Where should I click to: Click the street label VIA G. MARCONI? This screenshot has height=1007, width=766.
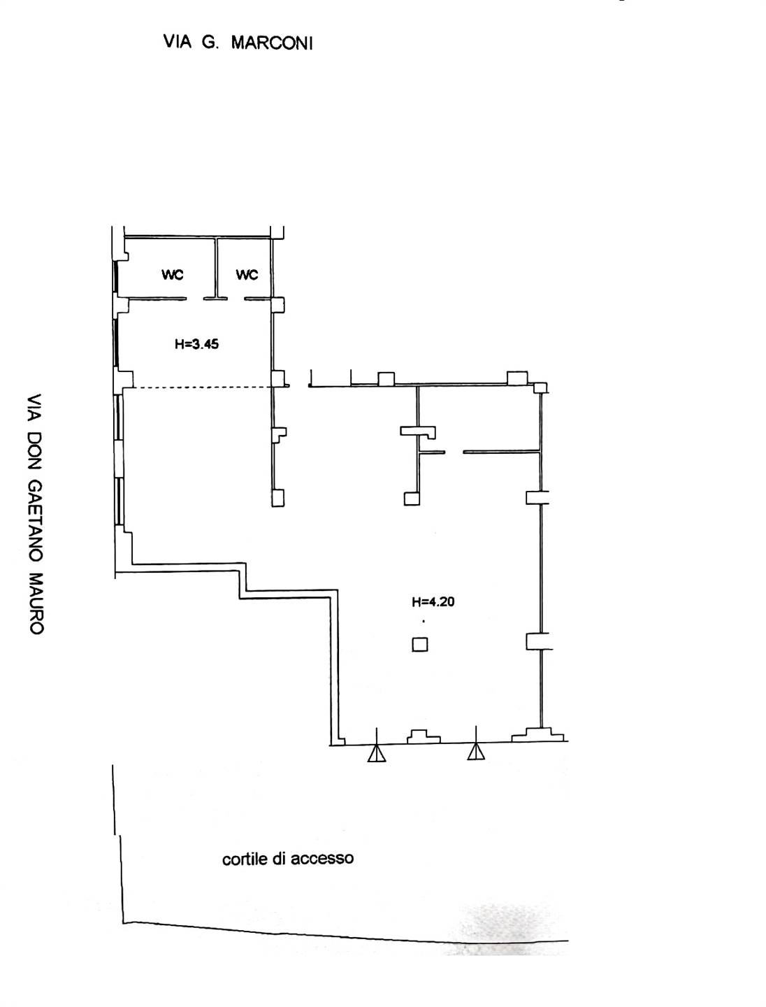coord(238,42)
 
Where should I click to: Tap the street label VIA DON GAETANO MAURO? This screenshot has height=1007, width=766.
coord(36,514)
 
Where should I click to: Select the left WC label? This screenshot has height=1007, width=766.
coord(173,274)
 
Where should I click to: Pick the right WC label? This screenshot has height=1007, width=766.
coord(247,274)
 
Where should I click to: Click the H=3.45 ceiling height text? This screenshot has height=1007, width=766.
coord(196,343)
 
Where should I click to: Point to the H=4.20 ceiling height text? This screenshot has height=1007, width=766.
coord(433,601)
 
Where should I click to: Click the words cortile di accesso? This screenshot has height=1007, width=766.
coord(288,858)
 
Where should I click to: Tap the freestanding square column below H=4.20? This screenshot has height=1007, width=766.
coord(420,645)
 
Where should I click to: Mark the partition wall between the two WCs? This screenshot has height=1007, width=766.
coord(216,268)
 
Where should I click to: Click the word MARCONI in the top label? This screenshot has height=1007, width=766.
coord(272,43)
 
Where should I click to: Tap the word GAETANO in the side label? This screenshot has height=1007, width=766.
coord(36,520)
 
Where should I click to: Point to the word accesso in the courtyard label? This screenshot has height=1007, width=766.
coord(322,858)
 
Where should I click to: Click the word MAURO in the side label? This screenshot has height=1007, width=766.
coord(36,603)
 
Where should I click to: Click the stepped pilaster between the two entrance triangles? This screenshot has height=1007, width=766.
coord(424,736)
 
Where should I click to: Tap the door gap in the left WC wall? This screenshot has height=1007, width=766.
coord(195,299)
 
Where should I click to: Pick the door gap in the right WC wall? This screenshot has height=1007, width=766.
coord(236,299)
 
